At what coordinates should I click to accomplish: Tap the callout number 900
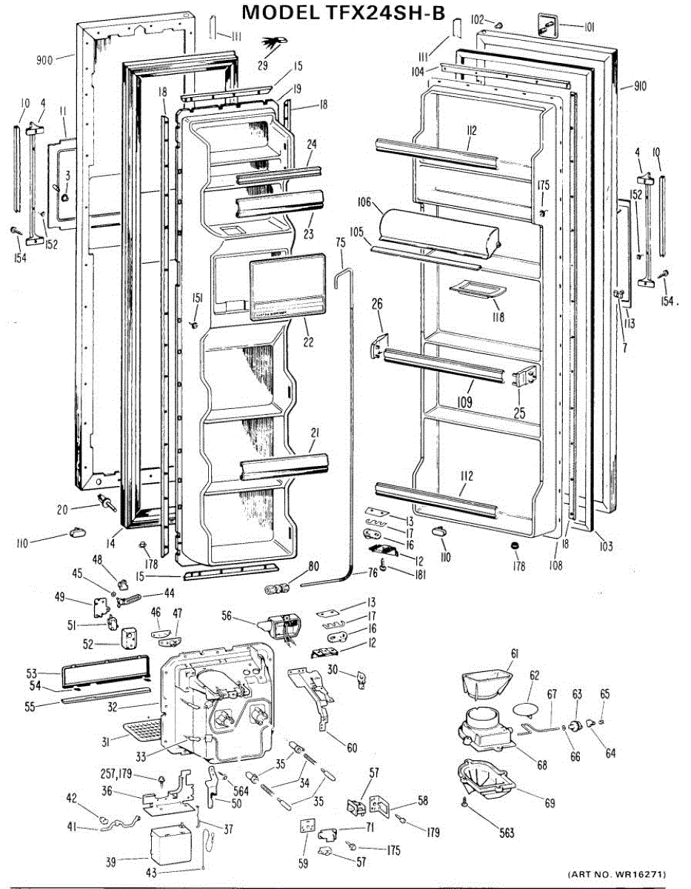tap(44, 61)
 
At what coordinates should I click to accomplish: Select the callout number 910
tap(640, 87)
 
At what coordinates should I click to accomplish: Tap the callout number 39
tap(111, 861)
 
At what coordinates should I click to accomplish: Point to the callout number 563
tap(506, 833)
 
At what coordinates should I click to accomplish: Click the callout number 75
tap(341, 242)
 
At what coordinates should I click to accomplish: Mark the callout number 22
tap(308, 342)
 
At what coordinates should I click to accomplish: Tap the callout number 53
tap(32, 673)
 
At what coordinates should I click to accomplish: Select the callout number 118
tap(497, 317)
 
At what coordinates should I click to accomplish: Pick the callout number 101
tap(589, 28)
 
